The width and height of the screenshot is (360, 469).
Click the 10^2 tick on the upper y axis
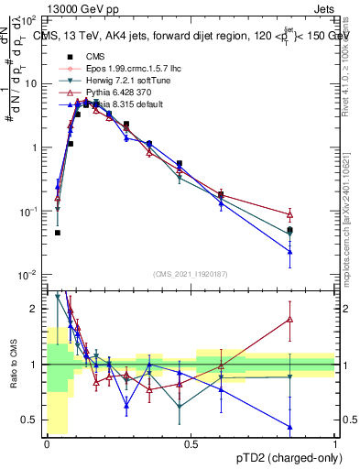click(x=28, y=19)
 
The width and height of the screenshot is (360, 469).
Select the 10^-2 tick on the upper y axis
click(x=28, y=275)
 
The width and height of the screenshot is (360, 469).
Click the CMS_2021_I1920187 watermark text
click(x=190, y=272)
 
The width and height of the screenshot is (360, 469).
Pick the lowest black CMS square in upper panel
click(x=57, y=233)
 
